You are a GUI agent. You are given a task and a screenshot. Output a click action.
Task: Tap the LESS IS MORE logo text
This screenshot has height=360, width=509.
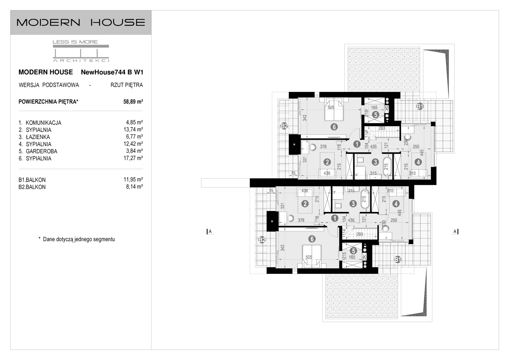click(75, 42)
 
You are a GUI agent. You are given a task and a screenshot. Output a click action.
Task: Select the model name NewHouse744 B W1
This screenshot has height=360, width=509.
click(112, 72)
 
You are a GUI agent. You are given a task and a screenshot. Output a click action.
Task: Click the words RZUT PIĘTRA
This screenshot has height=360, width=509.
click(127, 85)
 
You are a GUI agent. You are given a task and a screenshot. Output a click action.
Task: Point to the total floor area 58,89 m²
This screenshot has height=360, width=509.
click(133, 102)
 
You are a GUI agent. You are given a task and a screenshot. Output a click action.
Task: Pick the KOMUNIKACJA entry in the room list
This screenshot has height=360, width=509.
click(43, 123)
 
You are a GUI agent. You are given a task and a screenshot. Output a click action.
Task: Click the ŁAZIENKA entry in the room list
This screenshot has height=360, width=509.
click(38, 137)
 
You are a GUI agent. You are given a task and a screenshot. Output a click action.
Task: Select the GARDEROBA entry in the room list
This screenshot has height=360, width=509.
click(41, 151)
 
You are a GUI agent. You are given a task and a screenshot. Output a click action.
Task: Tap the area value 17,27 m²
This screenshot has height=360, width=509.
click(133, 158)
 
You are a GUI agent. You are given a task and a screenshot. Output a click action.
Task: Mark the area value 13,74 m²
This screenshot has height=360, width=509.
click(133, 130)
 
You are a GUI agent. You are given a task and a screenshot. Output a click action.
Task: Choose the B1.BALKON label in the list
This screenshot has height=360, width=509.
click(32, 180)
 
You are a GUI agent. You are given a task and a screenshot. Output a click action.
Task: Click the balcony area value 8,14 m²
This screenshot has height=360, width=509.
click(134, 187)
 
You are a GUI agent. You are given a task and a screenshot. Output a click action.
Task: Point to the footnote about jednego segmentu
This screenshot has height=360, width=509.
click(77, 239)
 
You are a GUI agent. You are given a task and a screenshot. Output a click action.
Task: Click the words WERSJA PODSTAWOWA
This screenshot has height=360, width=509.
click(49, 85)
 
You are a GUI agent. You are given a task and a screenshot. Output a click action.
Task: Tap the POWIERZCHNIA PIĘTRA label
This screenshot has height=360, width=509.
click(48, 102)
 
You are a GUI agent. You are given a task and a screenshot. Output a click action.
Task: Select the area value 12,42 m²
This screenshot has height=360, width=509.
click(133, 144)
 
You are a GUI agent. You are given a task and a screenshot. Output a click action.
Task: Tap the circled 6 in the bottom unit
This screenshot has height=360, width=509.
click(312, 239)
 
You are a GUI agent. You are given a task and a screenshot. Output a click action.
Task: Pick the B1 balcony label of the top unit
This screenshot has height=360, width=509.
click(420, 107)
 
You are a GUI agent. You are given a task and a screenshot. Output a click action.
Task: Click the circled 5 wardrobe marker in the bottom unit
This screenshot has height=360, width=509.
click(353, 251)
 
